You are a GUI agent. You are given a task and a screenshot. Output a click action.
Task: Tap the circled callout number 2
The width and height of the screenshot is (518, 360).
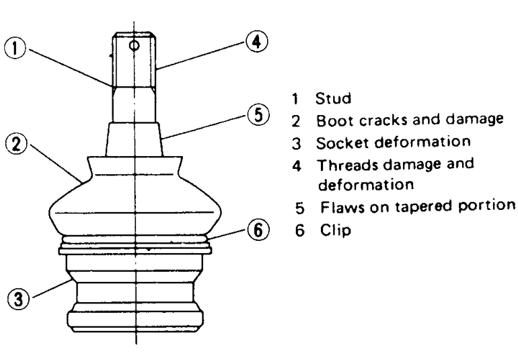click(15, 144)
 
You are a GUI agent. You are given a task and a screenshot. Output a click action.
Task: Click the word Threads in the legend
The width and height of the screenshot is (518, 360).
click(344, 164)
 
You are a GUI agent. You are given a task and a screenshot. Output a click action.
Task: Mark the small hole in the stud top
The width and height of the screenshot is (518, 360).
click(135, 46)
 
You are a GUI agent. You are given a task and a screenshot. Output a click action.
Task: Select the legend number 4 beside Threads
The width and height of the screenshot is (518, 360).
click(297, 164)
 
